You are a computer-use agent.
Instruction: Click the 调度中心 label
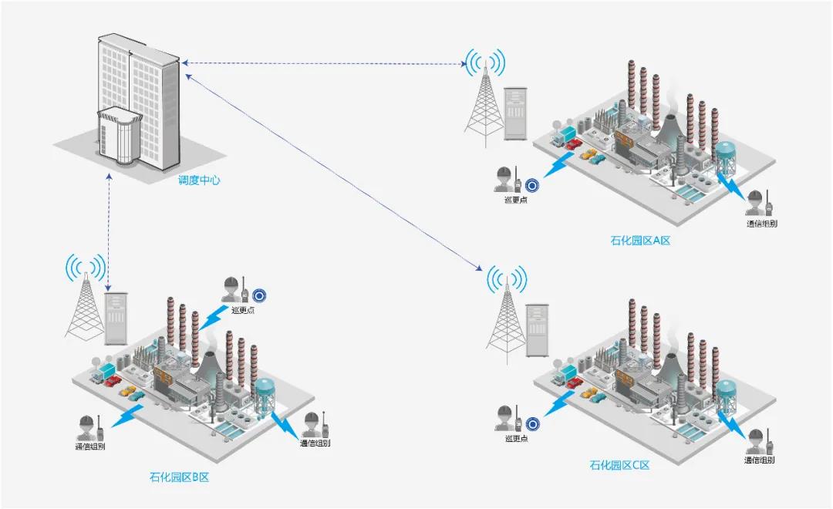tap(199, 180)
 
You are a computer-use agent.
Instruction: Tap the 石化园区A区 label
tap(640, 241)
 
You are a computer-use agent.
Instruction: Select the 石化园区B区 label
tap(179, 477)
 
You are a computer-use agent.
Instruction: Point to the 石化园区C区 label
tap(620, 465)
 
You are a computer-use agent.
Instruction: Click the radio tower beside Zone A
tap(484, 104)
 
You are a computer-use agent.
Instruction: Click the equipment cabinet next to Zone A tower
tap(514, 114)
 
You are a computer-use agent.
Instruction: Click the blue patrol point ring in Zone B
tap(260, 295)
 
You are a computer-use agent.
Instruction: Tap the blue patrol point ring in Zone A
tap(531, 185)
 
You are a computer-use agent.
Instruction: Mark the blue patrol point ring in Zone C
tap(531, 423)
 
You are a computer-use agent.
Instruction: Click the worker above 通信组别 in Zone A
tap(755, 202)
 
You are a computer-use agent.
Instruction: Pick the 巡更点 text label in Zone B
tap(242, 310)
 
